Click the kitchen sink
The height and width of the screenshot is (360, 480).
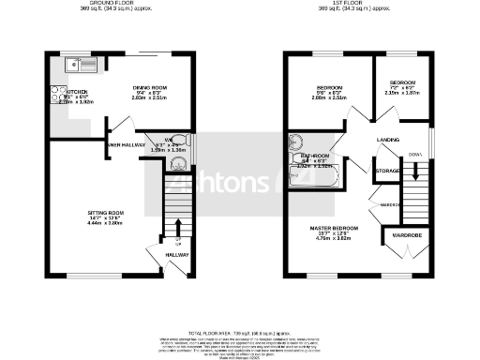tap(74, 66)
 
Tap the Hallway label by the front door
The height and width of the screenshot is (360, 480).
tap(177, 255)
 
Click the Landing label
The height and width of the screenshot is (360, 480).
tap(388, 139)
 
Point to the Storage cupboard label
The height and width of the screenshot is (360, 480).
tap(387, 171)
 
